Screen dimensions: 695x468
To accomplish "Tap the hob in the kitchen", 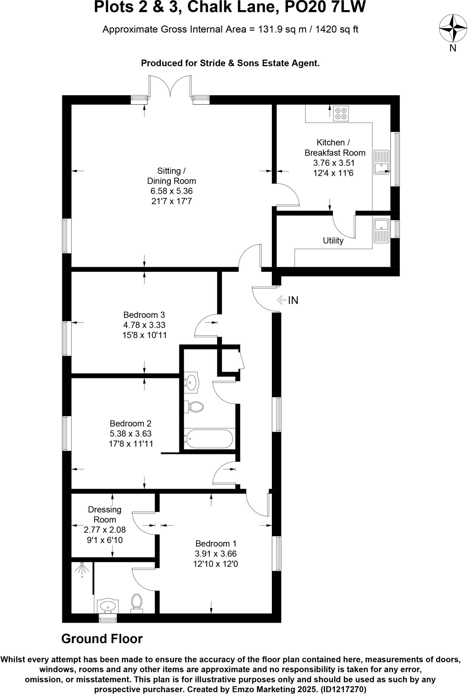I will pos(341,113).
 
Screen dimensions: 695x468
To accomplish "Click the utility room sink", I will pos(381,231).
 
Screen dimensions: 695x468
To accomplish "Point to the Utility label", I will pos(333,241).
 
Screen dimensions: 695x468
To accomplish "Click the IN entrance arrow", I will pos(282,300).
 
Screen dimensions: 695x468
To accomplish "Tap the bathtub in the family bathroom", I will pos(208,439).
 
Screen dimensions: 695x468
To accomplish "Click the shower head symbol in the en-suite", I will pos(82,570).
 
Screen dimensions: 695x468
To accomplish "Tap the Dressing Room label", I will pos(105,514).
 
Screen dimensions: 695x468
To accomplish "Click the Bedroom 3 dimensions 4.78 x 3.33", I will pos(144,325).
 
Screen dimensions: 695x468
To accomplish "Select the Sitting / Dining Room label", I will pos(171,176).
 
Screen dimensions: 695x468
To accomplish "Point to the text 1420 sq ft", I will pos(337,30).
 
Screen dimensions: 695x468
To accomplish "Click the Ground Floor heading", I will pos(102,639).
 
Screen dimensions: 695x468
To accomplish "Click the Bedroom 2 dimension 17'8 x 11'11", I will pos(131,444).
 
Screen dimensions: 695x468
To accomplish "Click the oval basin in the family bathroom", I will pos(192,383).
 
